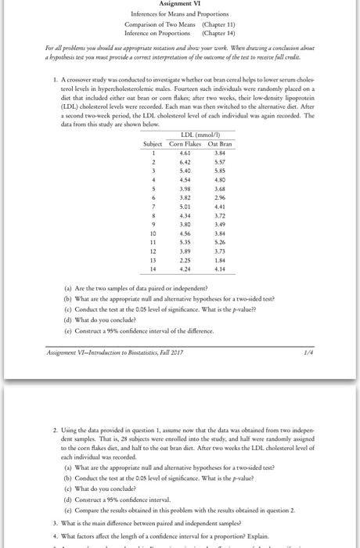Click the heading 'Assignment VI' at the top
[180, 4]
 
